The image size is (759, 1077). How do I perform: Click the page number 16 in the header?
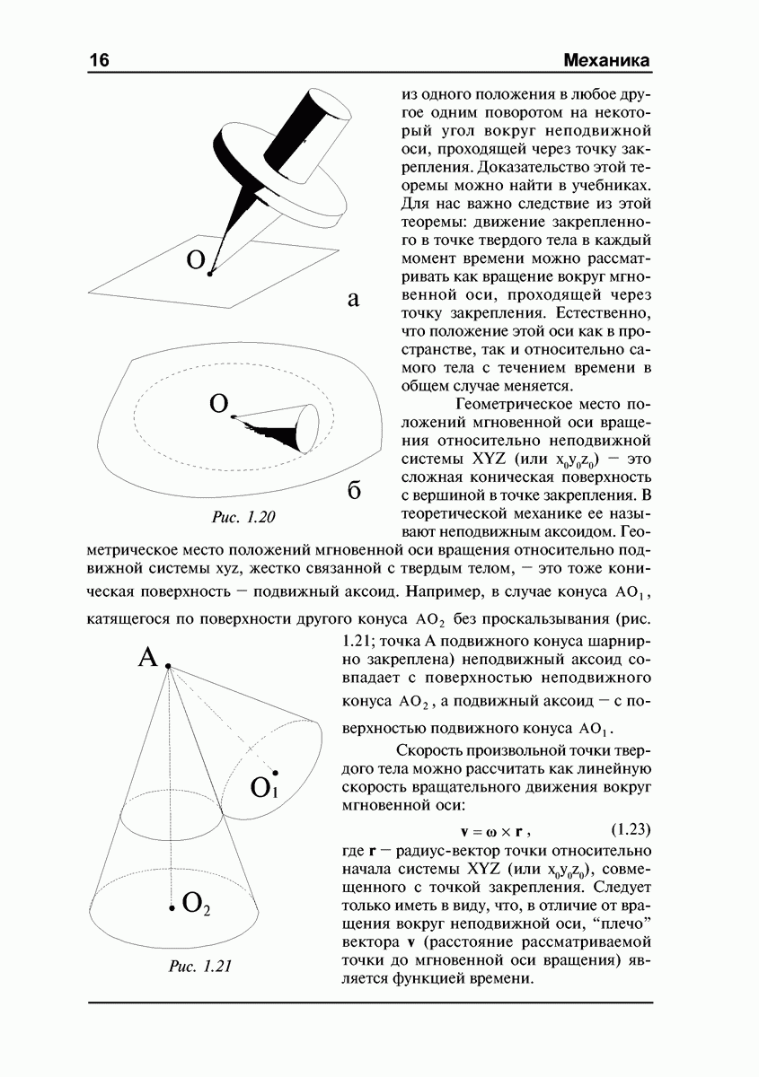click(100, 60)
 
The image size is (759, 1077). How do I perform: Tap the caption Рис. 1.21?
click(201, 966)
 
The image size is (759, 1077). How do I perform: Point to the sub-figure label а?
click(353, 301)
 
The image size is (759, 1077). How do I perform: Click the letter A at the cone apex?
click(148, 658)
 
